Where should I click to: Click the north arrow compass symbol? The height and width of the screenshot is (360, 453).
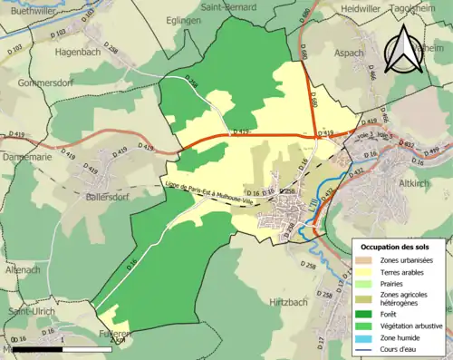pos(403,50)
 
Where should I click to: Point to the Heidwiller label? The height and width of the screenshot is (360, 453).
pos(360,7)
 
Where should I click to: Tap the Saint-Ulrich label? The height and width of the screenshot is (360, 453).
pos(31,311)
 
